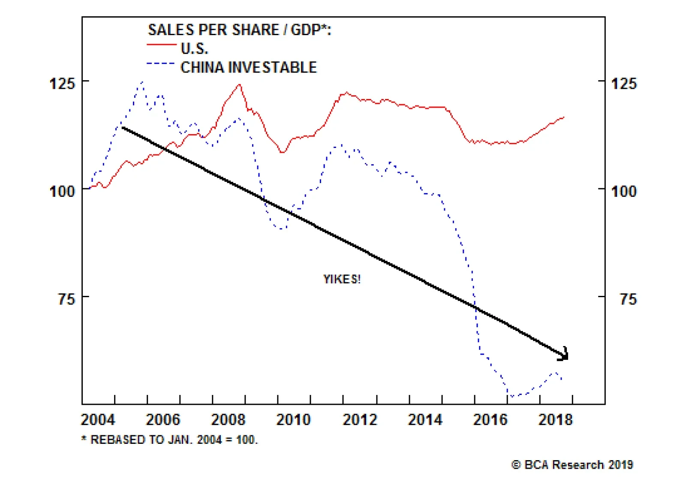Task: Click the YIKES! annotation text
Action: [x=342, y=279]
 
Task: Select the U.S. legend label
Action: [x=194, y=48]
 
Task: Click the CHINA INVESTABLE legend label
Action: [x=248, y=67]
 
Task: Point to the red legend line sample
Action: [x=161, y=45]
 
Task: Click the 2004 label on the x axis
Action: [x=98, y=419]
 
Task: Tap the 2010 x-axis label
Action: [x=293, y=419]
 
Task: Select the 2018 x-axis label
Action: [x=555, y=419]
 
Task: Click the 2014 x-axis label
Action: [x=425, y=419]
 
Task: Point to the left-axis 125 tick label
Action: [x=62, y=83]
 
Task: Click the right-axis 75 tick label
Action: [x=628, y=299]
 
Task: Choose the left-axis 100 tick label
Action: [x=62, y=191]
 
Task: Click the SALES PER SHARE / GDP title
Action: [x=239, y=30]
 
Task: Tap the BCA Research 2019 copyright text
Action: [x=572, y=464]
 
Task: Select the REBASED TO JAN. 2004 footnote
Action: [x=170, y=440]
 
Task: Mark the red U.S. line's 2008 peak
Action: [x=240, y=84]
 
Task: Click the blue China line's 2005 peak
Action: [x=142, y=81]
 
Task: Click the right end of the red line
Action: [x=564, y=117]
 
